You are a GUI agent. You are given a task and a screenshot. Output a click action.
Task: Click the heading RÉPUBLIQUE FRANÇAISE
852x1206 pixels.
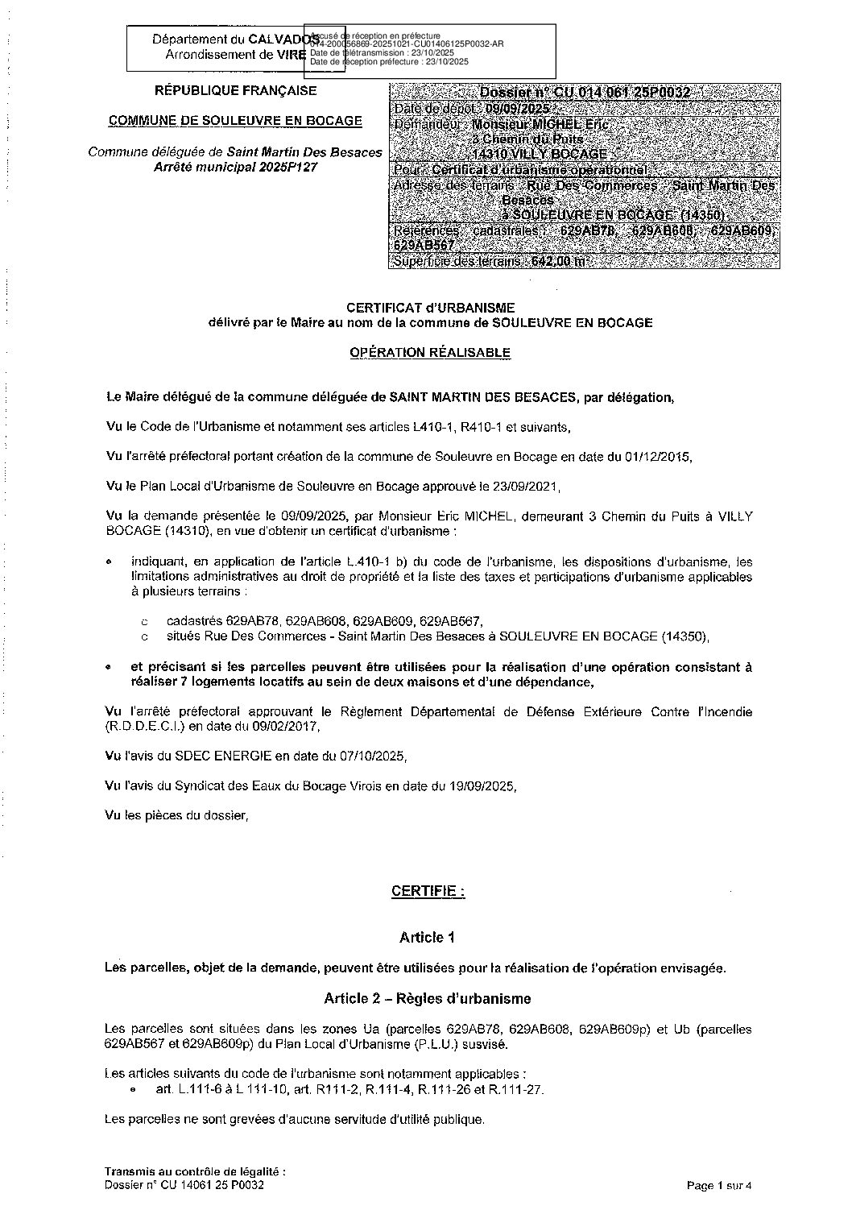[x=235, y=91]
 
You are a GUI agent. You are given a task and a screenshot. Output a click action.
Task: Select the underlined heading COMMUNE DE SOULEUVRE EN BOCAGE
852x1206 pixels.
[x=235, y=121]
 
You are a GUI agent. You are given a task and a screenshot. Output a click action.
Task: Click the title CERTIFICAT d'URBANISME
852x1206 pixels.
[x=429, y=307]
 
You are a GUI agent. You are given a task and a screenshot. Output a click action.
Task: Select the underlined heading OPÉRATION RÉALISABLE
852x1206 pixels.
[x=429, y=352]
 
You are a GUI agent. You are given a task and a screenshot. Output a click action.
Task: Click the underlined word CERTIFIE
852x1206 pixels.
[x=428, y=891]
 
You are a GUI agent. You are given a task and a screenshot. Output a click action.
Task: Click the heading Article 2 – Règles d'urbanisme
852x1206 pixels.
[x=428, y=999]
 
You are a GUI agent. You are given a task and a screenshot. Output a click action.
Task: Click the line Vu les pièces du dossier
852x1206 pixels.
[x=178, y=815]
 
